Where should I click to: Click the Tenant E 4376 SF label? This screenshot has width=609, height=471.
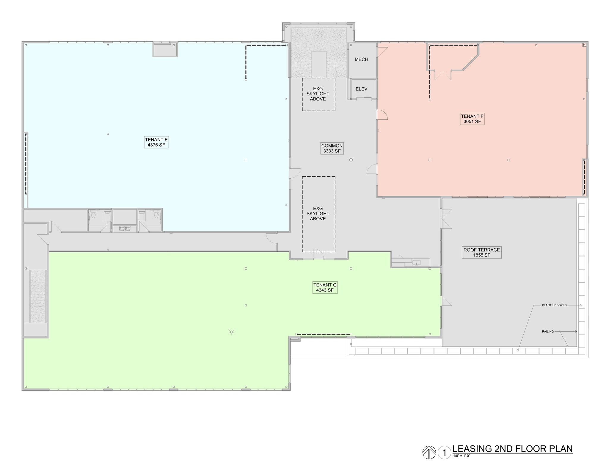(156, 142)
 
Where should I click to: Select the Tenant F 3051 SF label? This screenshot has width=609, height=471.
(472, 119)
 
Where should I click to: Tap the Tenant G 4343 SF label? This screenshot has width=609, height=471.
(325, 288)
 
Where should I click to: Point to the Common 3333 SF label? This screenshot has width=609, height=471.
(332, 148)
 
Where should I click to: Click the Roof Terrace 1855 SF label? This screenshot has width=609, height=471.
(481, 252)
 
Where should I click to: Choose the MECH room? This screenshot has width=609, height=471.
(361, 59)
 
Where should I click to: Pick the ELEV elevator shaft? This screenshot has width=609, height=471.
(361, 89)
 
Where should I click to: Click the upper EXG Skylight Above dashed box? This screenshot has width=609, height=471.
(318, 94)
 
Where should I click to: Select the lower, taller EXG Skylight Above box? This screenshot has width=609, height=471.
(318, 214)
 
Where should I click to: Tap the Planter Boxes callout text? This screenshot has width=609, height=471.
(554, 305)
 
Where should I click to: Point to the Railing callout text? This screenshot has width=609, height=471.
(548, 332)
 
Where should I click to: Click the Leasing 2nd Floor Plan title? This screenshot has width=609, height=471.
(512, 449)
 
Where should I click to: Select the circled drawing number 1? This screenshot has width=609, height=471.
(444, 453)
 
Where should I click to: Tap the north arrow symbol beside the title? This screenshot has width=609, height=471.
(429, 453)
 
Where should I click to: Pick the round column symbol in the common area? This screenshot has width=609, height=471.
(351, 160)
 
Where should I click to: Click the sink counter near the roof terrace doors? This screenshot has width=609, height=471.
(416, 263)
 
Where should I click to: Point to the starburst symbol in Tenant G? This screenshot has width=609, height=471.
(232, 332)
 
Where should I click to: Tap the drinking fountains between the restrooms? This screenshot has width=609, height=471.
(125, 228)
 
